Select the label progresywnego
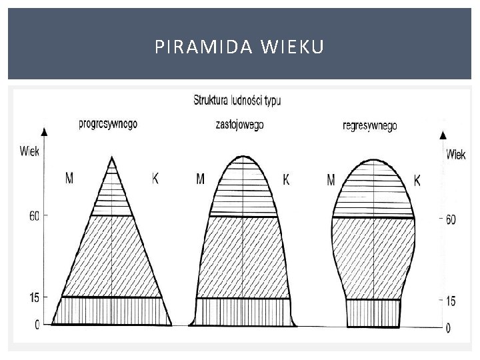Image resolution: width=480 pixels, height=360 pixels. pos(108,123)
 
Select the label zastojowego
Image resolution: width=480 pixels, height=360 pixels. pos(240,125)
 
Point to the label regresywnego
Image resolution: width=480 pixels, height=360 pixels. pos(369,125)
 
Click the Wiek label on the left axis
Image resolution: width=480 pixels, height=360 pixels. pos(29,151)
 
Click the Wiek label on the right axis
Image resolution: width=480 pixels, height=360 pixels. pos(456,155)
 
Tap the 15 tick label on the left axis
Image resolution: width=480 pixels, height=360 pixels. pos(33,297)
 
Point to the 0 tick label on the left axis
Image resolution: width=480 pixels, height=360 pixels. pos(37,324)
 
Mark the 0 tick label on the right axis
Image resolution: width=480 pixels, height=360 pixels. pos(448,327)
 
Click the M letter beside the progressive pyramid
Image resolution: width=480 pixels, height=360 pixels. pos(69,178)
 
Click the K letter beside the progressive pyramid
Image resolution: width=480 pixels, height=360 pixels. pos(155,178)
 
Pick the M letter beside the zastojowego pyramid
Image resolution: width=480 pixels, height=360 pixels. pos(201,179)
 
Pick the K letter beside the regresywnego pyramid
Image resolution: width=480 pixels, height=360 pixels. pos(417,180)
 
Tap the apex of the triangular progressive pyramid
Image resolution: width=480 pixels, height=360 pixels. pos(112,157)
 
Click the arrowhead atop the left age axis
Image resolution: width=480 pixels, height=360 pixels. pos(44,131)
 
